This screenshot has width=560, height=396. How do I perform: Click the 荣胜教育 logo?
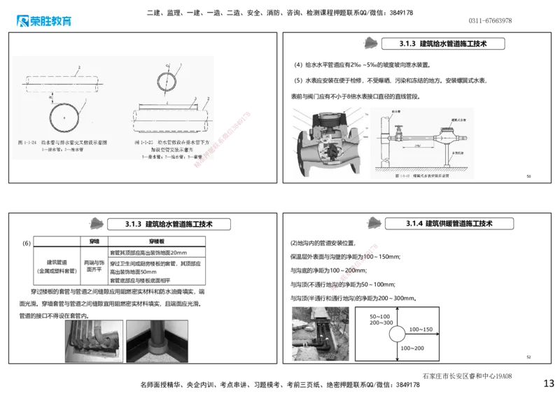tap(43, 21)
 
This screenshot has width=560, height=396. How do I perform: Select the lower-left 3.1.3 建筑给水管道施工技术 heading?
tap(169, 224)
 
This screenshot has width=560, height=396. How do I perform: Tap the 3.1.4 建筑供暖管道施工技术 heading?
tap(448, 223)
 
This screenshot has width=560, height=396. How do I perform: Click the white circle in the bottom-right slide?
tap(397, 334)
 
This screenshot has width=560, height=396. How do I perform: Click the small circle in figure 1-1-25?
tap(167, 79)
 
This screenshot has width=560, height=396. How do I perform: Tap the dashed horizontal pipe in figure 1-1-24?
tap(63, 81)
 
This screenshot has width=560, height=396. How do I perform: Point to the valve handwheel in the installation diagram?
tap(395, 128)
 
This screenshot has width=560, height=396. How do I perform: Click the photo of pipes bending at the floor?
tap(92, 340)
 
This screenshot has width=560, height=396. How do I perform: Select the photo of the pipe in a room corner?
tap(157, 340)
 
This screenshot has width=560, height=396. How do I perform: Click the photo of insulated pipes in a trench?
tap(321, 332)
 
